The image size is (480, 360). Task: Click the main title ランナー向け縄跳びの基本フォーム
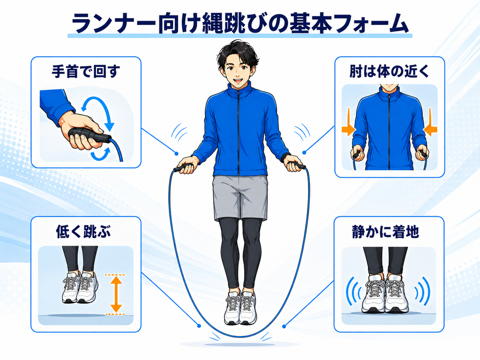point(240,23)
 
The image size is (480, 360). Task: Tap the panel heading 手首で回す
point(85,72)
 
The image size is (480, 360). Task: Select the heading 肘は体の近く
point(390,72)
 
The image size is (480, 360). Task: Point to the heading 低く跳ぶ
point(83,232)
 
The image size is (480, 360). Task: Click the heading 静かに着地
point(385,232)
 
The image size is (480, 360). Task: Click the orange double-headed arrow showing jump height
point(116,294)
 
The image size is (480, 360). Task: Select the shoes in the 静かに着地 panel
point(385,294)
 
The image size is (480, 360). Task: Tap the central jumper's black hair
point(238,52)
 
